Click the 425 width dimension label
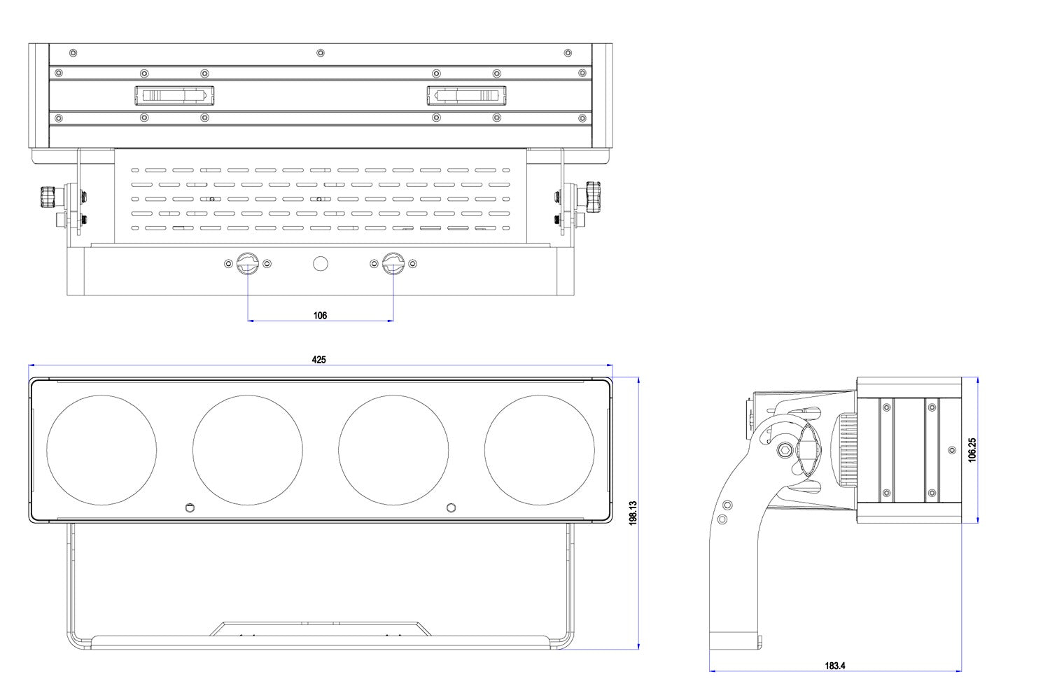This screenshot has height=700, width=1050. click(x=318, y=360)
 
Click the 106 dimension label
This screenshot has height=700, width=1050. click(x=320, y=316)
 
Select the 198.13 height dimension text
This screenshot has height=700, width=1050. click(x=633, y=513)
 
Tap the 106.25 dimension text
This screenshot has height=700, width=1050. click(x=972, y=450)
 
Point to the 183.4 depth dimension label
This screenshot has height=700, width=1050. click(x=835, y=666)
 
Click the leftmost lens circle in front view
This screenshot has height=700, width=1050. click(x=101, y=450)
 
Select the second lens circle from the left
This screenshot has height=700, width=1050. click(x=248, y=450)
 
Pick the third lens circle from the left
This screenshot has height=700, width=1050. click(x=393, y=450)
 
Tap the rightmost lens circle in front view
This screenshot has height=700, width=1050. click(x=540, y=450)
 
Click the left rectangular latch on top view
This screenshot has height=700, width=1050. click(x=174, y=95)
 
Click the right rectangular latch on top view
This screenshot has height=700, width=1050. click(x=466, y=95)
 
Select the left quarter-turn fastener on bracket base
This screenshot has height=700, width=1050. click(x=248, y=264)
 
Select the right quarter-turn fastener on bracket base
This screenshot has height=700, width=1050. click(x=393, y=264)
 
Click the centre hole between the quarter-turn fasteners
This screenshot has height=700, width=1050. click(x=320, y=264)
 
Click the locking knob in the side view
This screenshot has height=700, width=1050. click(x=806, y=449)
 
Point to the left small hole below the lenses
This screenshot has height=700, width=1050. click(x=188, y=507)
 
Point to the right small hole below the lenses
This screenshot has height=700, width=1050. click(x=451, y=507)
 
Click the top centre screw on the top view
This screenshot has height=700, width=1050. click(x=321, y=52)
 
